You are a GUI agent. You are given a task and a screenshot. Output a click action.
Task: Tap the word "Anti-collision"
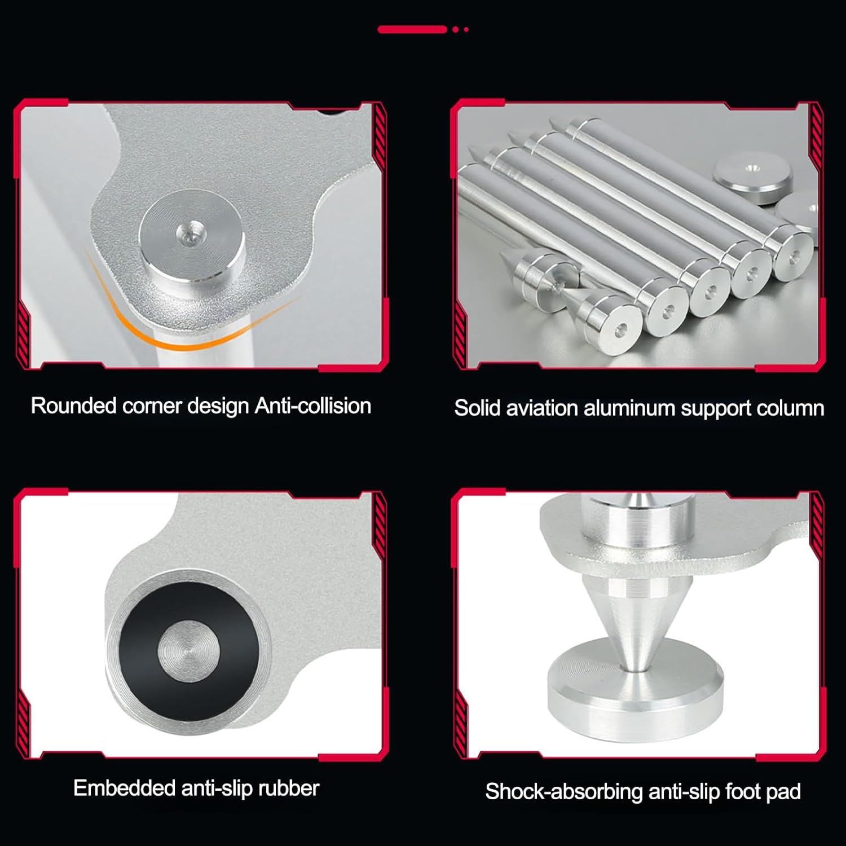tap(313, 406)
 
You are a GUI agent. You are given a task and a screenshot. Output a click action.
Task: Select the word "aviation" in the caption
tap(542, 408)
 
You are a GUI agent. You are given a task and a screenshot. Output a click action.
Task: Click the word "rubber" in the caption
tap(289, 788)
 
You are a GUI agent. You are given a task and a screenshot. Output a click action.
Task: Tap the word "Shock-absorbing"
tap(564, 792)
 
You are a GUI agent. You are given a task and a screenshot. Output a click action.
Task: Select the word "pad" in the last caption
tap(785, 792)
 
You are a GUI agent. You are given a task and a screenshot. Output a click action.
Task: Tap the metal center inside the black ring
tap(186, 649)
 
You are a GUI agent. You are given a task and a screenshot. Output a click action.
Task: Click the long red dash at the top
tap(412, 29)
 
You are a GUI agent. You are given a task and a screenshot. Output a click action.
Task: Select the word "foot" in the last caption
tap(744, 792)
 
